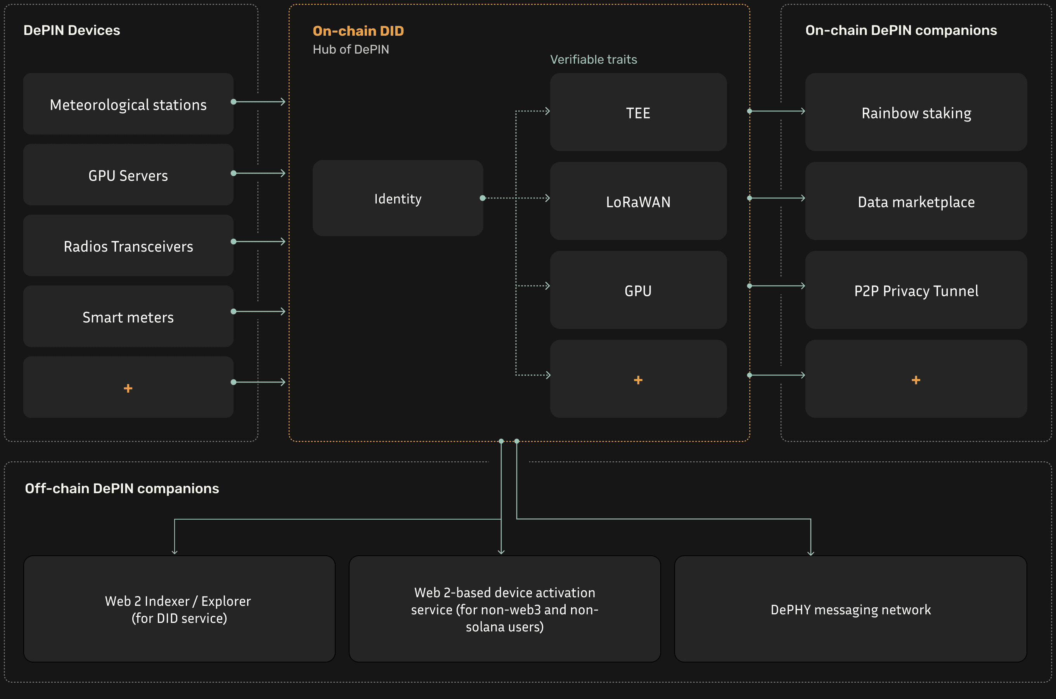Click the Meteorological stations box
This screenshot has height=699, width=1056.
(x=128, y=104)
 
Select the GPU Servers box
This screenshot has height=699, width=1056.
(x=128, y=175)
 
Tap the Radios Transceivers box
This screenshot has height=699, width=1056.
(x=128, y=246)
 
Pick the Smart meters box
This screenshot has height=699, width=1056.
(x=128, y=316)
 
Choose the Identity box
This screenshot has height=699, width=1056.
(x=398, y=198)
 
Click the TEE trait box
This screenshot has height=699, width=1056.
(x=638, y=112)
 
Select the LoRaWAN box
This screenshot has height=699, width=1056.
(x=638, y=201)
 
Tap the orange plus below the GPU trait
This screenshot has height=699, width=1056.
(x=638, y=380)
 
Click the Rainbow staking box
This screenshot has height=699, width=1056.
(x=916, y=112)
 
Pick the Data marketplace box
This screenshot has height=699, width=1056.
(x=916, y=201)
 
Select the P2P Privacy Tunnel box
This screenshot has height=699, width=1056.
(x=916, y=290)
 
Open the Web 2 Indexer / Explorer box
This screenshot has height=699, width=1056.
(x=179, y=609)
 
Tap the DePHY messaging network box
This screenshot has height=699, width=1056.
(x=851, y=609)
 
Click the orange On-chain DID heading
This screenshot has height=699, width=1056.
(x=358, y=31)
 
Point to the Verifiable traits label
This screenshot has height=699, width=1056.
(x=593, y=59)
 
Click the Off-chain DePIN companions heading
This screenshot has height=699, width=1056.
(x=122, y=489)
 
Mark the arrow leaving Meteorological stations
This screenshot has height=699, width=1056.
(x=258, y=102)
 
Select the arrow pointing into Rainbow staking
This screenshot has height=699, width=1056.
(x=777, y=111)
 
